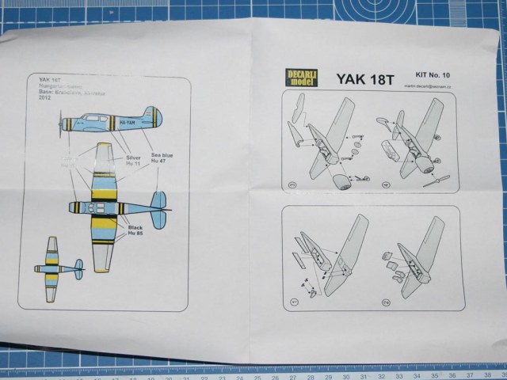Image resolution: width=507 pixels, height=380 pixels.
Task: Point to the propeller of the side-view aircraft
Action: [61, 125]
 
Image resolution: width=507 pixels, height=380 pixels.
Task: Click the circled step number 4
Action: [386, 187]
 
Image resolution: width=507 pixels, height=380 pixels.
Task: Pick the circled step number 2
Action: [386, 302]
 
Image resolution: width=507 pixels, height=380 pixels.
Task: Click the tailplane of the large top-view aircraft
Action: [158, 208]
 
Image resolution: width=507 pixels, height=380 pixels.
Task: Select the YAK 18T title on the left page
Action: [49, 82]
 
